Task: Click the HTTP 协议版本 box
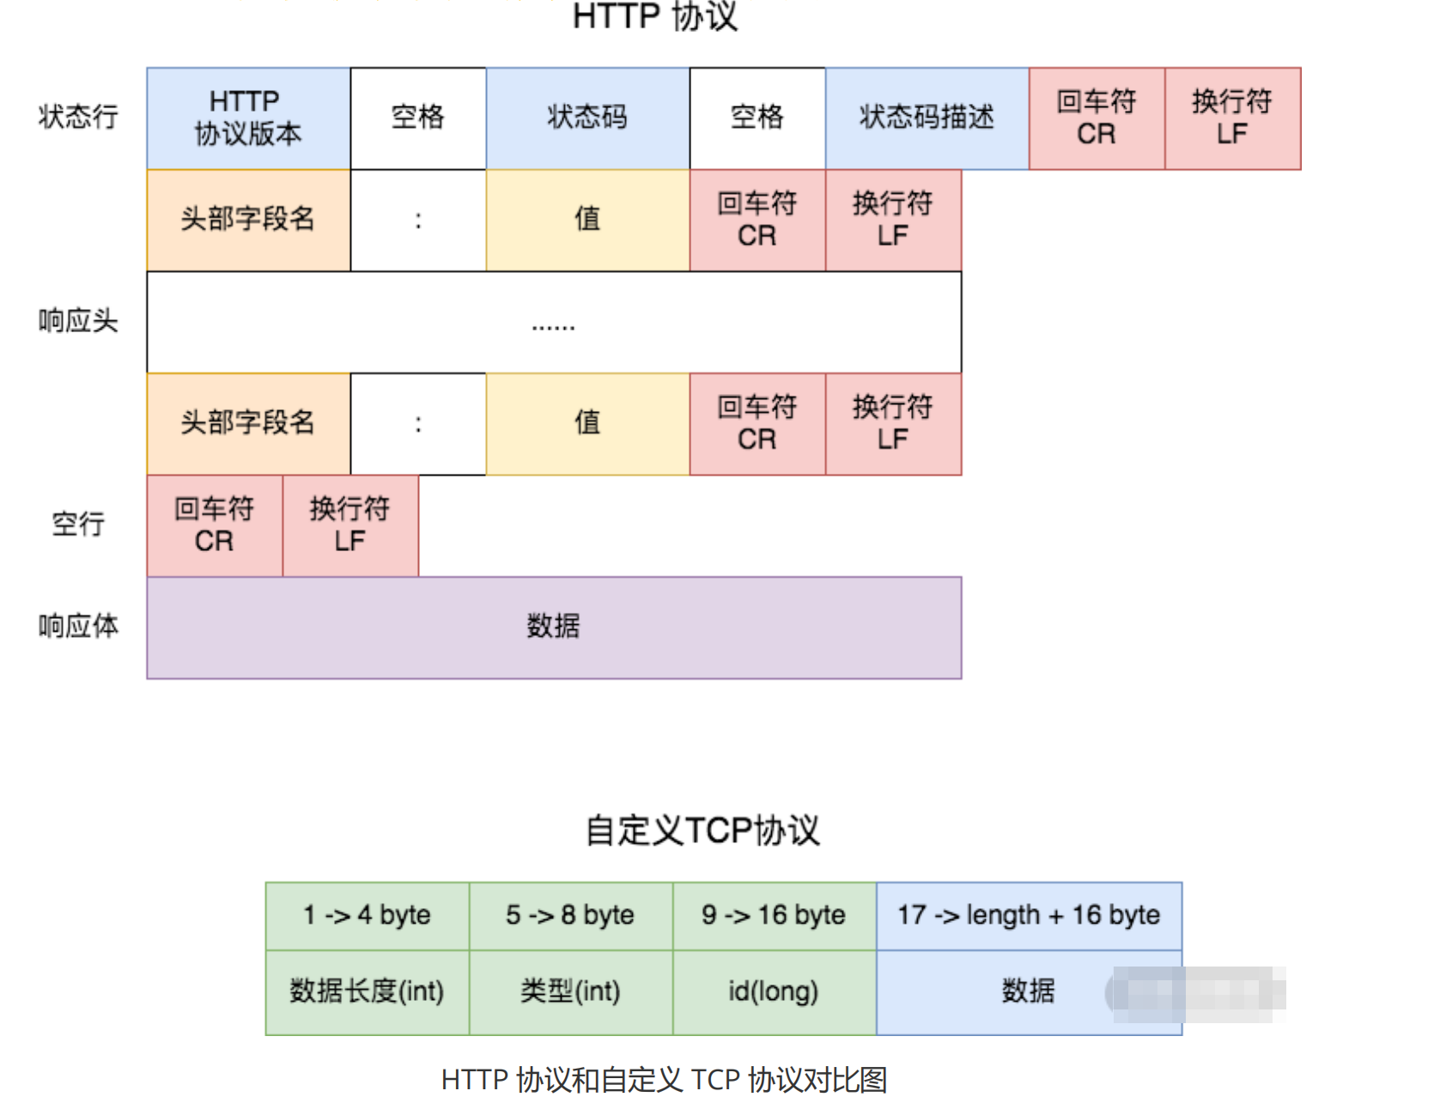pyautogui.click(x=248, y=118)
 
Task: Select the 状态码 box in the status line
pyautogui.click(x=587, y=118)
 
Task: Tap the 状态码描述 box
pyautogui.click(x=927, y=118)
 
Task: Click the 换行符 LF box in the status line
pyautogui.click(x=1232, y=118)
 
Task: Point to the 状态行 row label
pyautogui.click(x=78, y=117)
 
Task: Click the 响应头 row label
pyautogui.click(x=78, y=321)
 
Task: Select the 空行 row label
pyautogui.click(x=78, y=524)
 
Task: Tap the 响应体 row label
pyautogui.click(x=78, y=626)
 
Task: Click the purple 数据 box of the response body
pyautogui.click(x=554, y=627)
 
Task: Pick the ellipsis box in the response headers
pyautogui.click(x=554, y=323)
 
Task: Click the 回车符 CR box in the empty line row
pyautogui.click(x=215, y=525)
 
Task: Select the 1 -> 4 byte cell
pyautogui.click(x=367, y=916)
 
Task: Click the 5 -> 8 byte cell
pyautogui.click(x=570, y=916)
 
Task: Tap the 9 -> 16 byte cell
pyautogui.click(x=774, y=916)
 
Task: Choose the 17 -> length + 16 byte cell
pyautogui.click(x=1029, y=916)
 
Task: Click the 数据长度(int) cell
pyautogui.click(x=367, y=992)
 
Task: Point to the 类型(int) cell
pyautogui.click(x=570, y=992)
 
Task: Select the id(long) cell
pyautogui.click(x=774, y=992)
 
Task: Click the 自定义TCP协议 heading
pyautogui.click(x=702, y=831)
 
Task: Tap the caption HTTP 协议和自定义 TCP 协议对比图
pyautogui.click(x=664, y=1080)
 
